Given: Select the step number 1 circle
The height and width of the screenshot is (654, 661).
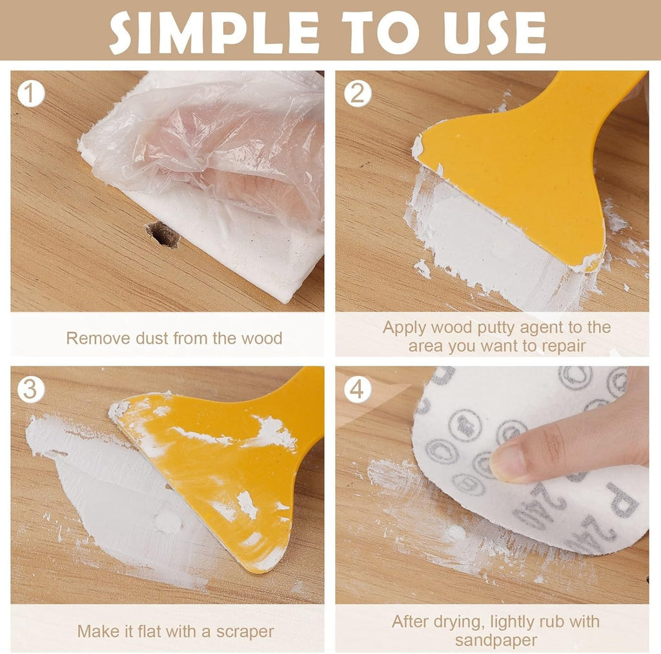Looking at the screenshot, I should (x=30, y=94).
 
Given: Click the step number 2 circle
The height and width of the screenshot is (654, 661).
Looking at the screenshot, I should (x=357, y=94).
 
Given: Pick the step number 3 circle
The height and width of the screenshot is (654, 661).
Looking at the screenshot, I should (x=30, y=390).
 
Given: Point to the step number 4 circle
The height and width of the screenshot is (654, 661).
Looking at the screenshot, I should (x=357, y=390).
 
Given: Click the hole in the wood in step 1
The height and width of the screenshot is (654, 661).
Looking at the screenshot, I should (x=162, y=234).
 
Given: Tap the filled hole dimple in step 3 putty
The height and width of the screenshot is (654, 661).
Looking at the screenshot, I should (x=167, y=521).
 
